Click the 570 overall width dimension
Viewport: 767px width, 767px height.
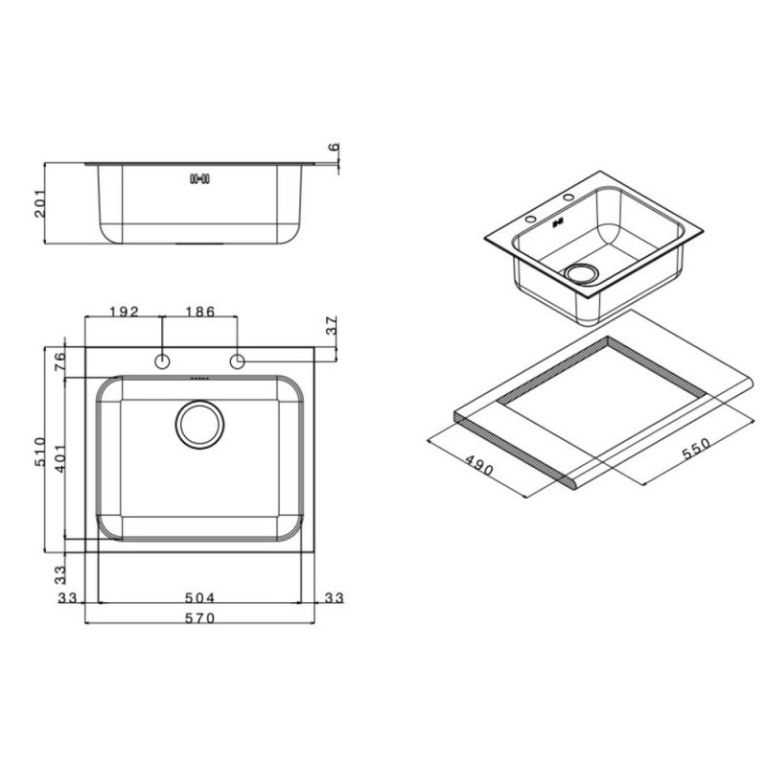[x=199, y=618]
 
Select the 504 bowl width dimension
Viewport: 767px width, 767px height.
[x=199, y=597]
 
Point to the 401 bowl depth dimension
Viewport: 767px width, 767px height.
[x=59, y=458]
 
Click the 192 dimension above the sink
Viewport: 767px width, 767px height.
[x=124, y=312]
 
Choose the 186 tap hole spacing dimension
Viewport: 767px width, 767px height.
[x=199, y=312]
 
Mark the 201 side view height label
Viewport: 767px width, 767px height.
[x=40, y=203]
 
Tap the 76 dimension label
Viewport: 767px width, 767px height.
[x=59, y=362]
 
